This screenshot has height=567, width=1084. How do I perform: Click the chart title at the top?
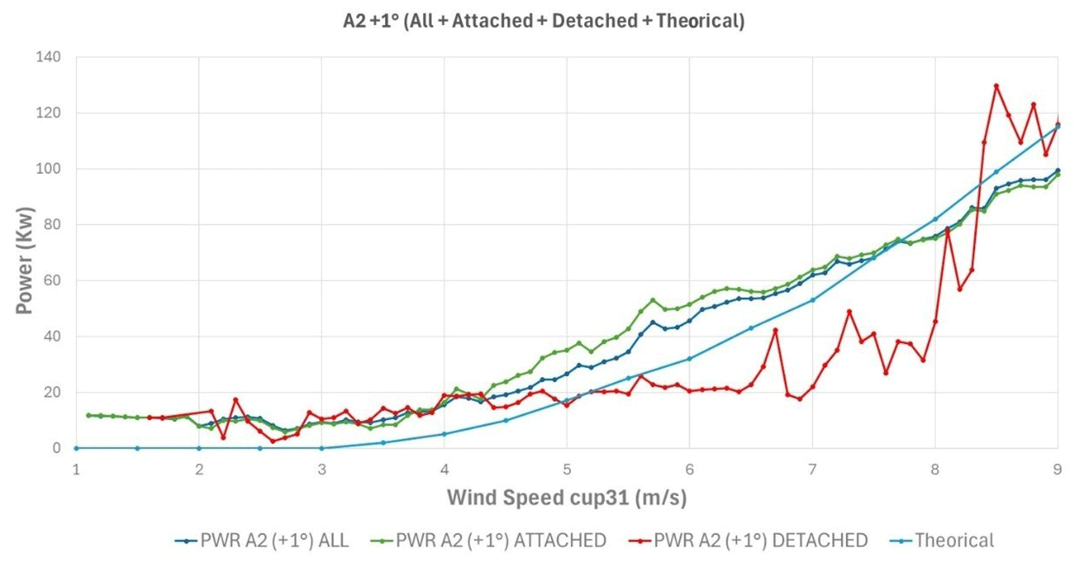click(543, 22)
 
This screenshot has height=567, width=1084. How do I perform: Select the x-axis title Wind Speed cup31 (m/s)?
click(567, 498)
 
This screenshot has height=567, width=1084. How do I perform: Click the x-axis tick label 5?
click(567, 469)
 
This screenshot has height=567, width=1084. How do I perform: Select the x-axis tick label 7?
click(812, 469)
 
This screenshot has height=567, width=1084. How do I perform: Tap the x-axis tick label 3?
click(322, 469)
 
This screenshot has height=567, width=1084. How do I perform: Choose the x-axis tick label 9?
click(1057, 469)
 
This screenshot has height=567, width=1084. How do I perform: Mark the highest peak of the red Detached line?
click(997, 86)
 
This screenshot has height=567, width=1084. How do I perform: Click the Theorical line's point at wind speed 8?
click(935, 219)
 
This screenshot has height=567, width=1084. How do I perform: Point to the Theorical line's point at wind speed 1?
click(76, 448)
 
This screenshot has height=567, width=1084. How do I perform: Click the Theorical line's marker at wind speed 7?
click(812, 300)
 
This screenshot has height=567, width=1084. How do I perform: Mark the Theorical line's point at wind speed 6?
click(690, 359)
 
